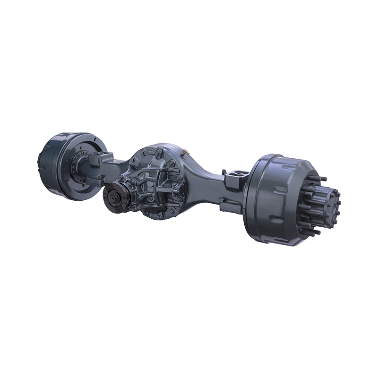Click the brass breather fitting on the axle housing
coord(184,153)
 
